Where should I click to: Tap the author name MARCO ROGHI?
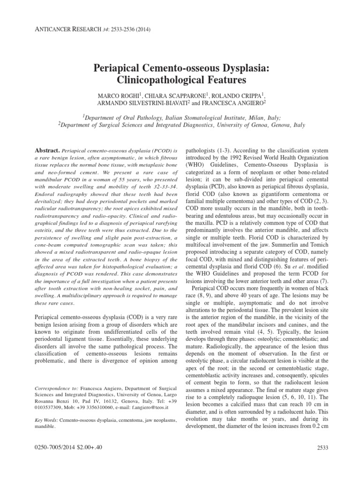pos(118,94)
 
